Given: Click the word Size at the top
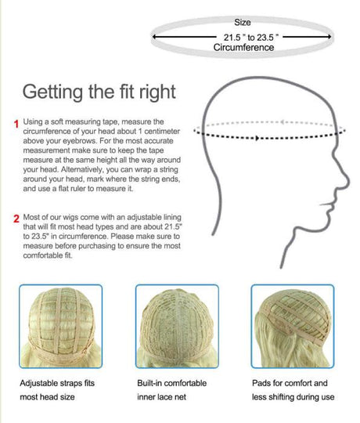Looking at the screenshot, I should [243, 23].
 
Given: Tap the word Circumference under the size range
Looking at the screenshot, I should [243, 48].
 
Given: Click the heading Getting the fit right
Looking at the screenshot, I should [99, 92].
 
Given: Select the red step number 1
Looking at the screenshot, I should [15, 124].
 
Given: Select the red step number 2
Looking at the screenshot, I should [15, 218].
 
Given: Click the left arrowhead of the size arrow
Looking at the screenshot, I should [155, 37].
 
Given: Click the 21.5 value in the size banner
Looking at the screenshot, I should [231, 37].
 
